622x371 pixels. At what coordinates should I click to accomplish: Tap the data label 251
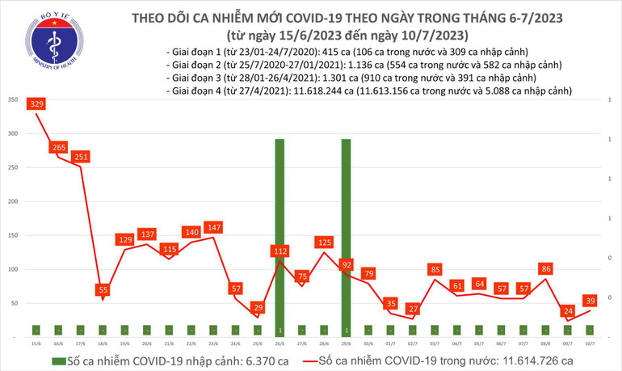pos(81,157)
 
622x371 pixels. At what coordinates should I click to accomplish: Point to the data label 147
pos(213,228)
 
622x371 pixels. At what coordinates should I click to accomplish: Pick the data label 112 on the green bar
pos(279,251)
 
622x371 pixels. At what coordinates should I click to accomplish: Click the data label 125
pos(324,242)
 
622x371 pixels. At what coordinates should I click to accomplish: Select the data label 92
pos(346,264)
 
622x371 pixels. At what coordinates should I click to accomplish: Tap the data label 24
pos(568,310)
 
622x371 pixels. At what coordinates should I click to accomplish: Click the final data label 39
pos(590,300)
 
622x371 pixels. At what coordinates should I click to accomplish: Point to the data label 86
pos(546,268)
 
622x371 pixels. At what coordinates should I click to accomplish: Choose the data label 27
pos(413,309)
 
